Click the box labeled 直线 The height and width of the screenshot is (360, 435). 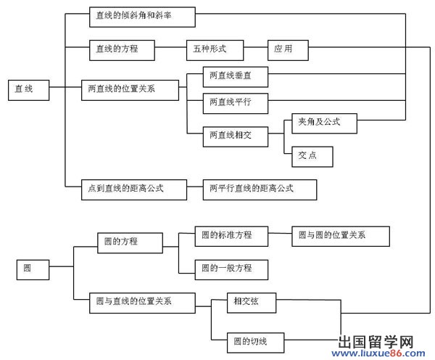29,89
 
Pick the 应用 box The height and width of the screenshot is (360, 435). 288,50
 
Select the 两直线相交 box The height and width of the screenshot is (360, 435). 234,135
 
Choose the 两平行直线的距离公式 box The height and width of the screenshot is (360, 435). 259,189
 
